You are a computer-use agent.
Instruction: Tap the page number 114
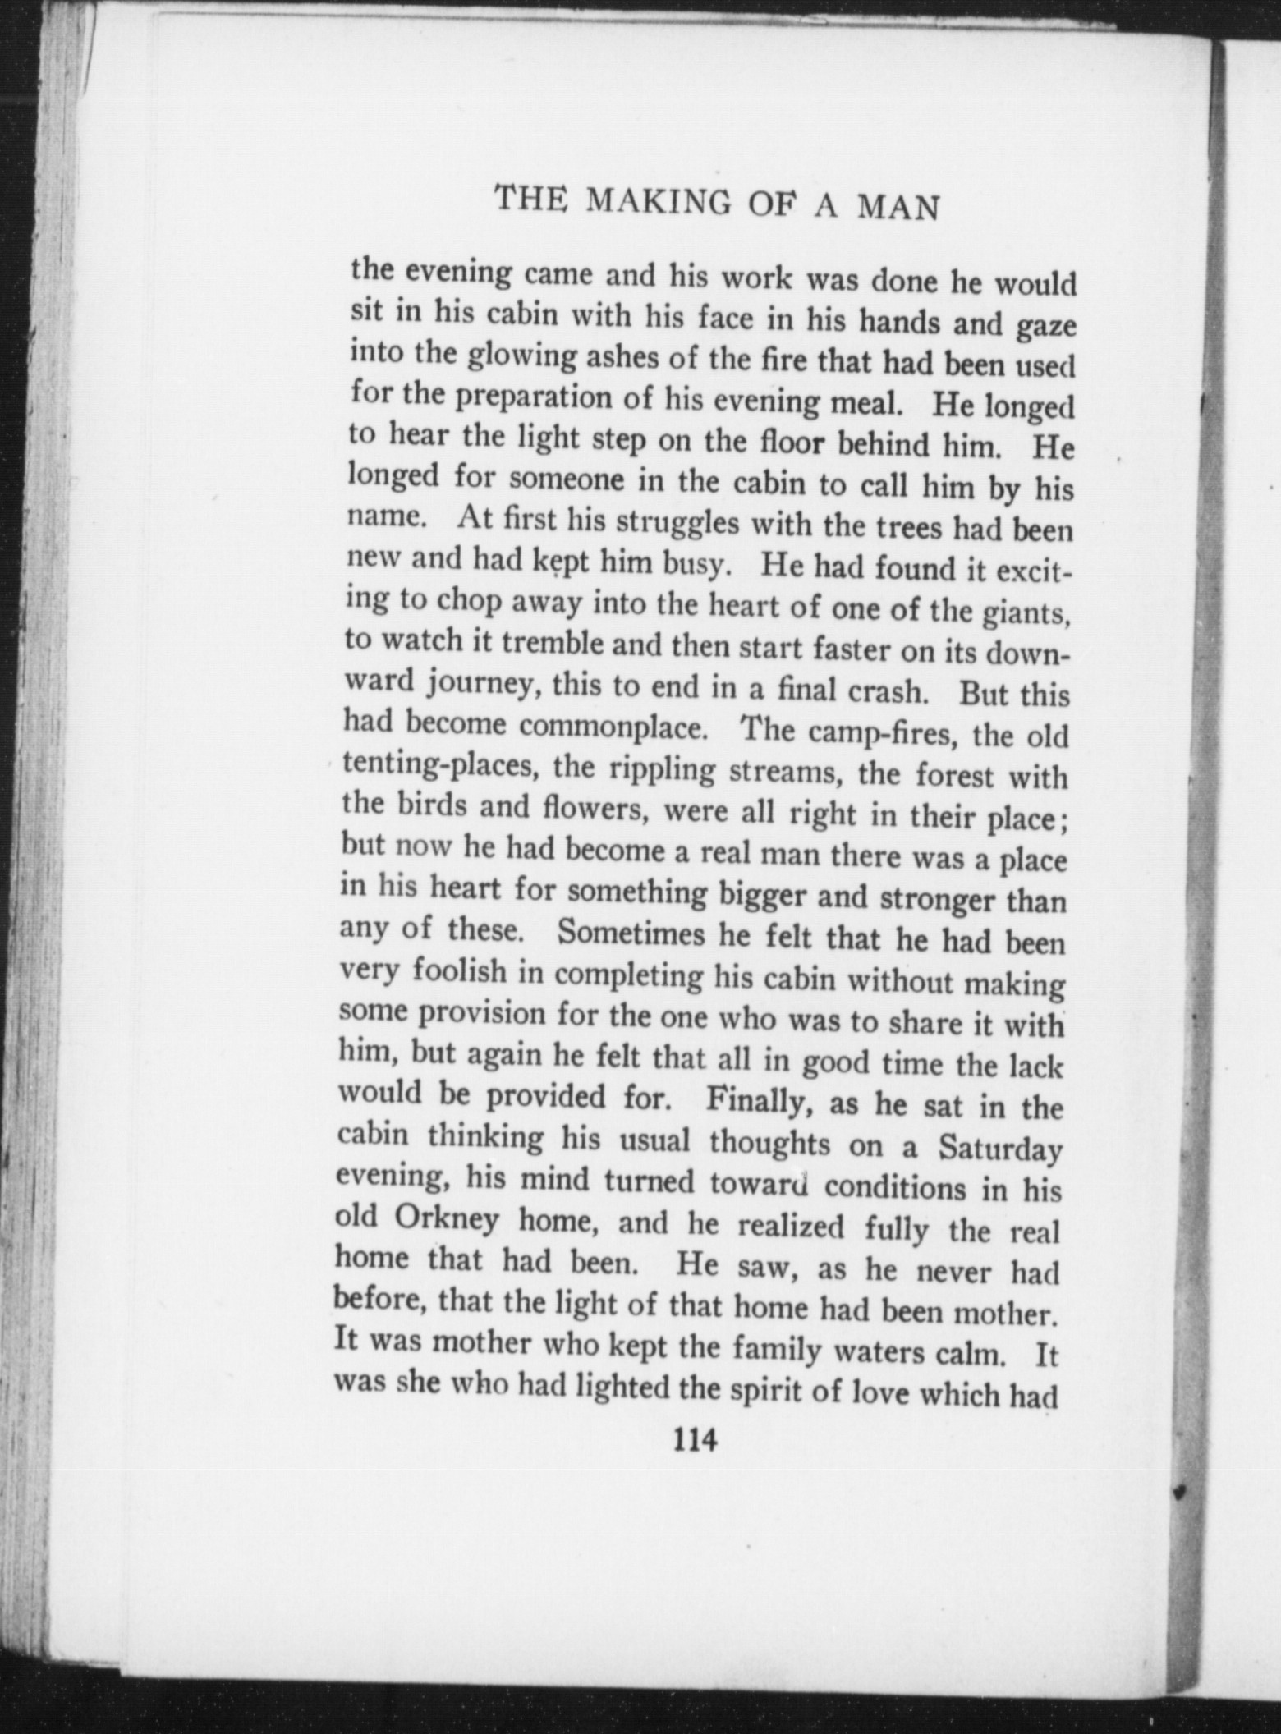point(695,1440)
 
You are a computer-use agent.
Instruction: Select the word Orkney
point(447,1219)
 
